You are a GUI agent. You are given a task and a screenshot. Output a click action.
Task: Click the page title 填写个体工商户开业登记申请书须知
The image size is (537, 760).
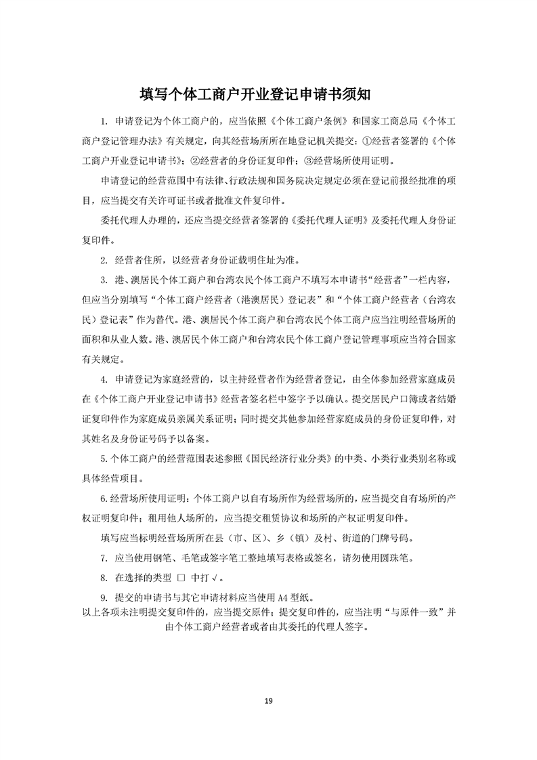coord(268,92)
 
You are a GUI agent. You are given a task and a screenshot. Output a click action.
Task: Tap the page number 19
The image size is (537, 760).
coord(268,700)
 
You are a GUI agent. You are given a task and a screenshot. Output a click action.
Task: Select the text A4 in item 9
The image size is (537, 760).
coord(283,598)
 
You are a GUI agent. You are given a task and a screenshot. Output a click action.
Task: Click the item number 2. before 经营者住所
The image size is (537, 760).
coord(104,259)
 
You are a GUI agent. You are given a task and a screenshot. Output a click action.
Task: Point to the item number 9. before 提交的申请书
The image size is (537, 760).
coord(104,598)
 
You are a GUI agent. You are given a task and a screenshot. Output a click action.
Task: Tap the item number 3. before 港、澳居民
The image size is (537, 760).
coord(104,280)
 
